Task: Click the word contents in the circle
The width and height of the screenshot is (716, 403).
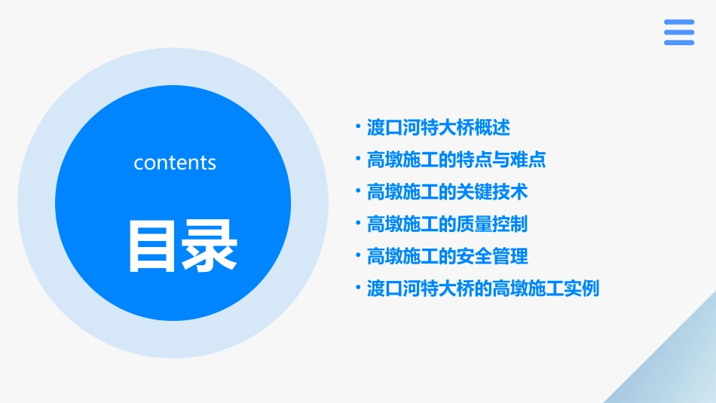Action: point(175,163)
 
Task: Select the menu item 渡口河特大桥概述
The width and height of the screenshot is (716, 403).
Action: point(439,127)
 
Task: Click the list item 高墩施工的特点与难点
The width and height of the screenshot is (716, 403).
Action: point(456,160)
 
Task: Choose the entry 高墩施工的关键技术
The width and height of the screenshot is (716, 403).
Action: point(447,192)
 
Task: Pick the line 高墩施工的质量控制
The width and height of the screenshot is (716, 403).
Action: point(447,224)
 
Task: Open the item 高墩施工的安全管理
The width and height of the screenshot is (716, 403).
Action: point(447,256)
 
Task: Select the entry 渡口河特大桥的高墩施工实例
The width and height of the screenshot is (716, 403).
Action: point(482,289)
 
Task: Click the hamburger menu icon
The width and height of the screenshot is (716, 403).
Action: point(679,32)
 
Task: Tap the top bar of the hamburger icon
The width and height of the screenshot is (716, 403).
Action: point(679,22)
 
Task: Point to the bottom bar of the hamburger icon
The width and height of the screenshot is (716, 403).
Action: point(679,42)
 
